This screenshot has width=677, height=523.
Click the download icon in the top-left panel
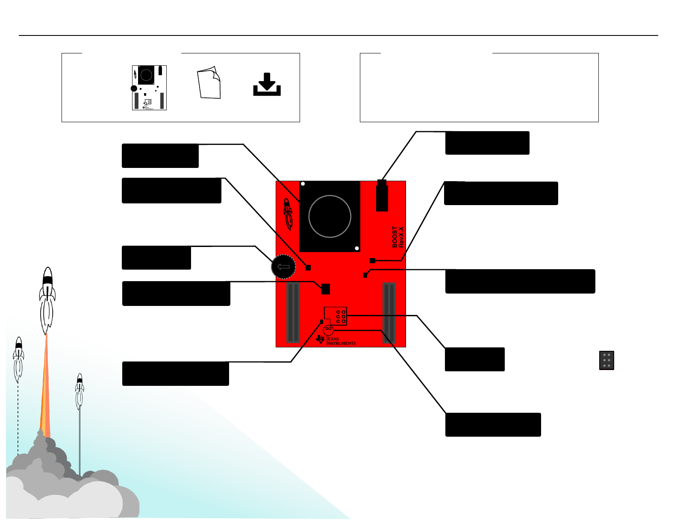click(267, 84)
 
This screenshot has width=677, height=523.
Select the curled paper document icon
click(209, 82)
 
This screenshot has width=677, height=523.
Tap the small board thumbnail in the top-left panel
click(149, 88)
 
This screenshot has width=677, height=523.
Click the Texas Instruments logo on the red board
click(336, 340)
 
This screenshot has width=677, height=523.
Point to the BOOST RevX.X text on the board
click(397, 237)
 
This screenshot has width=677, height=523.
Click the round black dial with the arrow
click(283, 267)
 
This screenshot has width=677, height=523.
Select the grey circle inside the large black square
click(330, 216)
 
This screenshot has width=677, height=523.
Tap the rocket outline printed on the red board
click(288, 213)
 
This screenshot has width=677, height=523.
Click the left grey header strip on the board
click(293, 313)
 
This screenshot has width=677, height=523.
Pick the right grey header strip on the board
click(389, 313)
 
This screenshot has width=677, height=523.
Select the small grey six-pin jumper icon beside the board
click(606, 360)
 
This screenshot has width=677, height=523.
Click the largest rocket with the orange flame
click(47, 299)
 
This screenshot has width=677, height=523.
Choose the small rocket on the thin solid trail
click(79, 391)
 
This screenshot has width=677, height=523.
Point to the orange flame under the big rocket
click(45, 385)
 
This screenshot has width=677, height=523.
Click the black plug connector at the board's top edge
click(382, 196)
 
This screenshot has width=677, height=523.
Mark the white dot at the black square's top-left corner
click(303, 184)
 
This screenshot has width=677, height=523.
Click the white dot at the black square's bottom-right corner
click(357, 248)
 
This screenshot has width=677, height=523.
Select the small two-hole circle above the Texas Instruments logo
click(328, 330)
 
